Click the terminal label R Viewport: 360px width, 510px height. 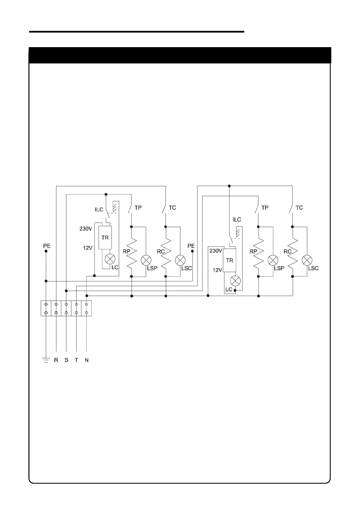(x=56, y=360)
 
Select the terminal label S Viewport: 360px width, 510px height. (x=66, y=360)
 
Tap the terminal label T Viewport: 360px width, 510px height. (x=76, y=360)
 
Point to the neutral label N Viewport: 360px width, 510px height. (x=87, y=360)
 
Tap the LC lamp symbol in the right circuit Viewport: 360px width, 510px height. (x=234, y=281)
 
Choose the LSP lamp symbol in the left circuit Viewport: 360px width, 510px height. (x=147, y=260)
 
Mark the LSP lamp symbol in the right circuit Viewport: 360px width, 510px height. (x=271, y=260)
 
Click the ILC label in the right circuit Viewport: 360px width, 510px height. (x=237, y=219)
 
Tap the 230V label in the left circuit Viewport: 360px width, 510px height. (x=86, y=229)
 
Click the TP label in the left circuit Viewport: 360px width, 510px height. (x=138, y=207)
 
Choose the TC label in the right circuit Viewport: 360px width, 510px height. (x=299, y=207)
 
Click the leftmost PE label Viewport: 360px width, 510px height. (x=47, y=246)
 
